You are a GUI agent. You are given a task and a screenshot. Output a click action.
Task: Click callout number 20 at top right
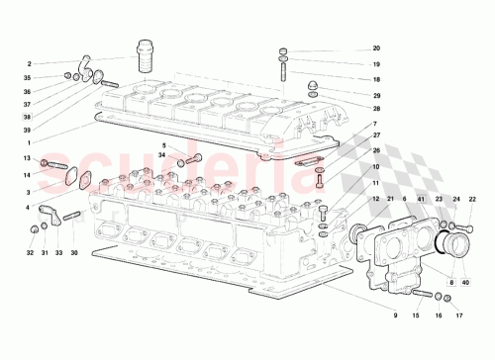click(x=376, y=48)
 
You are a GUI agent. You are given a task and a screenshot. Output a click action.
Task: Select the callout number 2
click(x=30, y=64)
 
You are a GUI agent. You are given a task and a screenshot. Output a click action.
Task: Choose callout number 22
click(x=472, y=200)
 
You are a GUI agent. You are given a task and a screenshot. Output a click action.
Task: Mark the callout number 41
click(x=422, y=200)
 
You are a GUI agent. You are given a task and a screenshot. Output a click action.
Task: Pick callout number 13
click(x=29, y=159)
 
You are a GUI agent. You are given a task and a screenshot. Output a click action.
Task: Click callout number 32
click(x=30, y=253)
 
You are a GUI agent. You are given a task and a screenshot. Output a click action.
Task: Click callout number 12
click(x=376, y=200)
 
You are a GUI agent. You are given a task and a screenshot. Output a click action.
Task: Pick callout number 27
click(x=376, y=136)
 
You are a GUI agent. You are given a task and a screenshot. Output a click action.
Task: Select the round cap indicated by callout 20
click(x=283, y=50)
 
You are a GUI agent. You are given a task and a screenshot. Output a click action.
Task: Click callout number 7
click(x=376, y=124)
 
